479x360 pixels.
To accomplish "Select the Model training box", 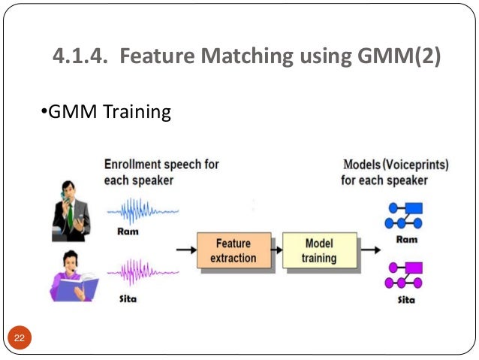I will tap(318, 251).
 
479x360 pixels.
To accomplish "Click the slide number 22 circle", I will tap(19, 337).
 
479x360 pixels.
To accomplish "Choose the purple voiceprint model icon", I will tap(403, 274).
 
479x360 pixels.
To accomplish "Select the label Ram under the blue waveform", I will tap(128, 231).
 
